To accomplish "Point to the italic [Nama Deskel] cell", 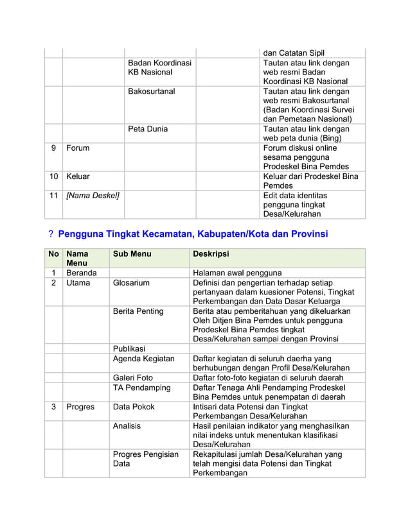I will pos(93,195).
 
